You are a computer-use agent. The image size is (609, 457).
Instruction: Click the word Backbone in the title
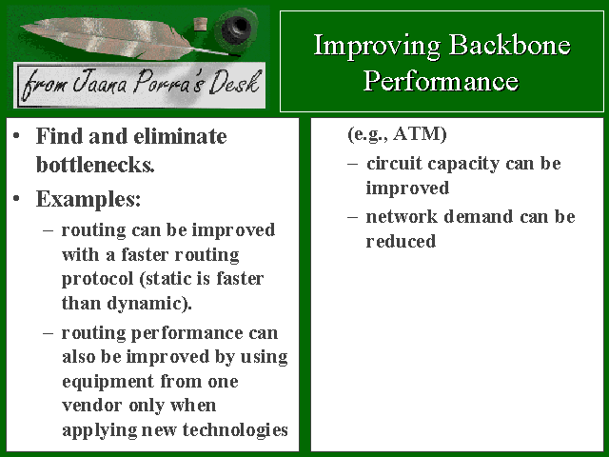[510, 45]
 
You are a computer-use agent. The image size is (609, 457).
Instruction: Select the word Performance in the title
[441, 81]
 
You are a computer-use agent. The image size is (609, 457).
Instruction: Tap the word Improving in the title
[377, 47]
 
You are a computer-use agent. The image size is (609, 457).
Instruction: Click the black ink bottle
[236, 27]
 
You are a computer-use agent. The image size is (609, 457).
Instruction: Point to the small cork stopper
[201, 24]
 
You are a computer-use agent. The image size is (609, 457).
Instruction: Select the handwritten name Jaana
[100, 82]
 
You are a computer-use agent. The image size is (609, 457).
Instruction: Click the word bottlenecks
[95, 165]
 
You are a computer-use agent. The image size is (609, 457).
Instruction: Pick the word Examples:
[88, 199]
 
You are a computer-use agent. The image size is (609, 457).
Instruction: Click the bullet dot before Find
[16, 135]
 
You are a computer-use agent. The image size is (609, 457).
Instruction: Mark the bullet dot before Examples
[16, 199]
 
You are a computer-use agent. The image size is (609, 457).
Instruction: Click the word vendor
[92, 406]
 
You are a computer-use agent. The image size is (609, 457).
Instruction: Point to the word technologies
[235, 429]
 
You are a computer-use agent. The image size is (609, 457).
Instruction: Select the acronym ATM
[420, 133]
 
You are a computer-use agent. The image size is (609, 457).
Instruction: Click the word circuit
[394, 164]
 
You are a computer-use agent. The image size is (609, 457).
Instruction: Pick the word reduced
[401, 241]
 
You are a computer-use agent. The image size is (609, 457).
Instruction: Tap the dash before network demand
[352, 217]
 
